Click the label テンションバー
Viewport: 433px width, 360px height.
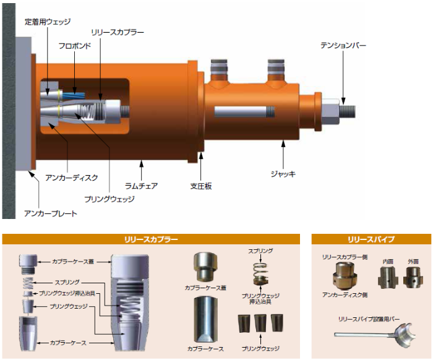pyautogui.click(x=343, y=45)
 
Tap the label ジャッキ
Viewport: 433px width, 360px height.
pyautogui.click(x=283, y=174)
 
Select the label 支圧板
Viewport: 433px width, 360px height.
pyautogui.click(x=201, y=186)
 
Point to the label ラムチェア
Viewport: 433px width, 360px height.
pyautogui.click(x=141, y=186)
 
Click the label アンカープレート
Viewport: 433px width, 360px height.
pyautogui.click(x=51, y=213)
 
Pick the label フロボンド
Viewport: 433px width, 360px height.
pyautogui.click(x=75, y=46)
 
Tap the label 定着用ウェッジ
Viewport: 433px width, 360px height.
pyautogui.click(x=48, y=22)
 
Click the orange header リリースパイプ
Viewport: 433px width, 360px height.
pyautogui.click(x=371, y=239)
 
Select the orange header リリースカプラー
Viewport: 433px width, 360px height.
pyautogui.click(x=151, y=239)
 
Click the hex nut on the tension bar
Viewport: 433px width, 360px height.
pyautogui.click(x=330, y=111)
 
